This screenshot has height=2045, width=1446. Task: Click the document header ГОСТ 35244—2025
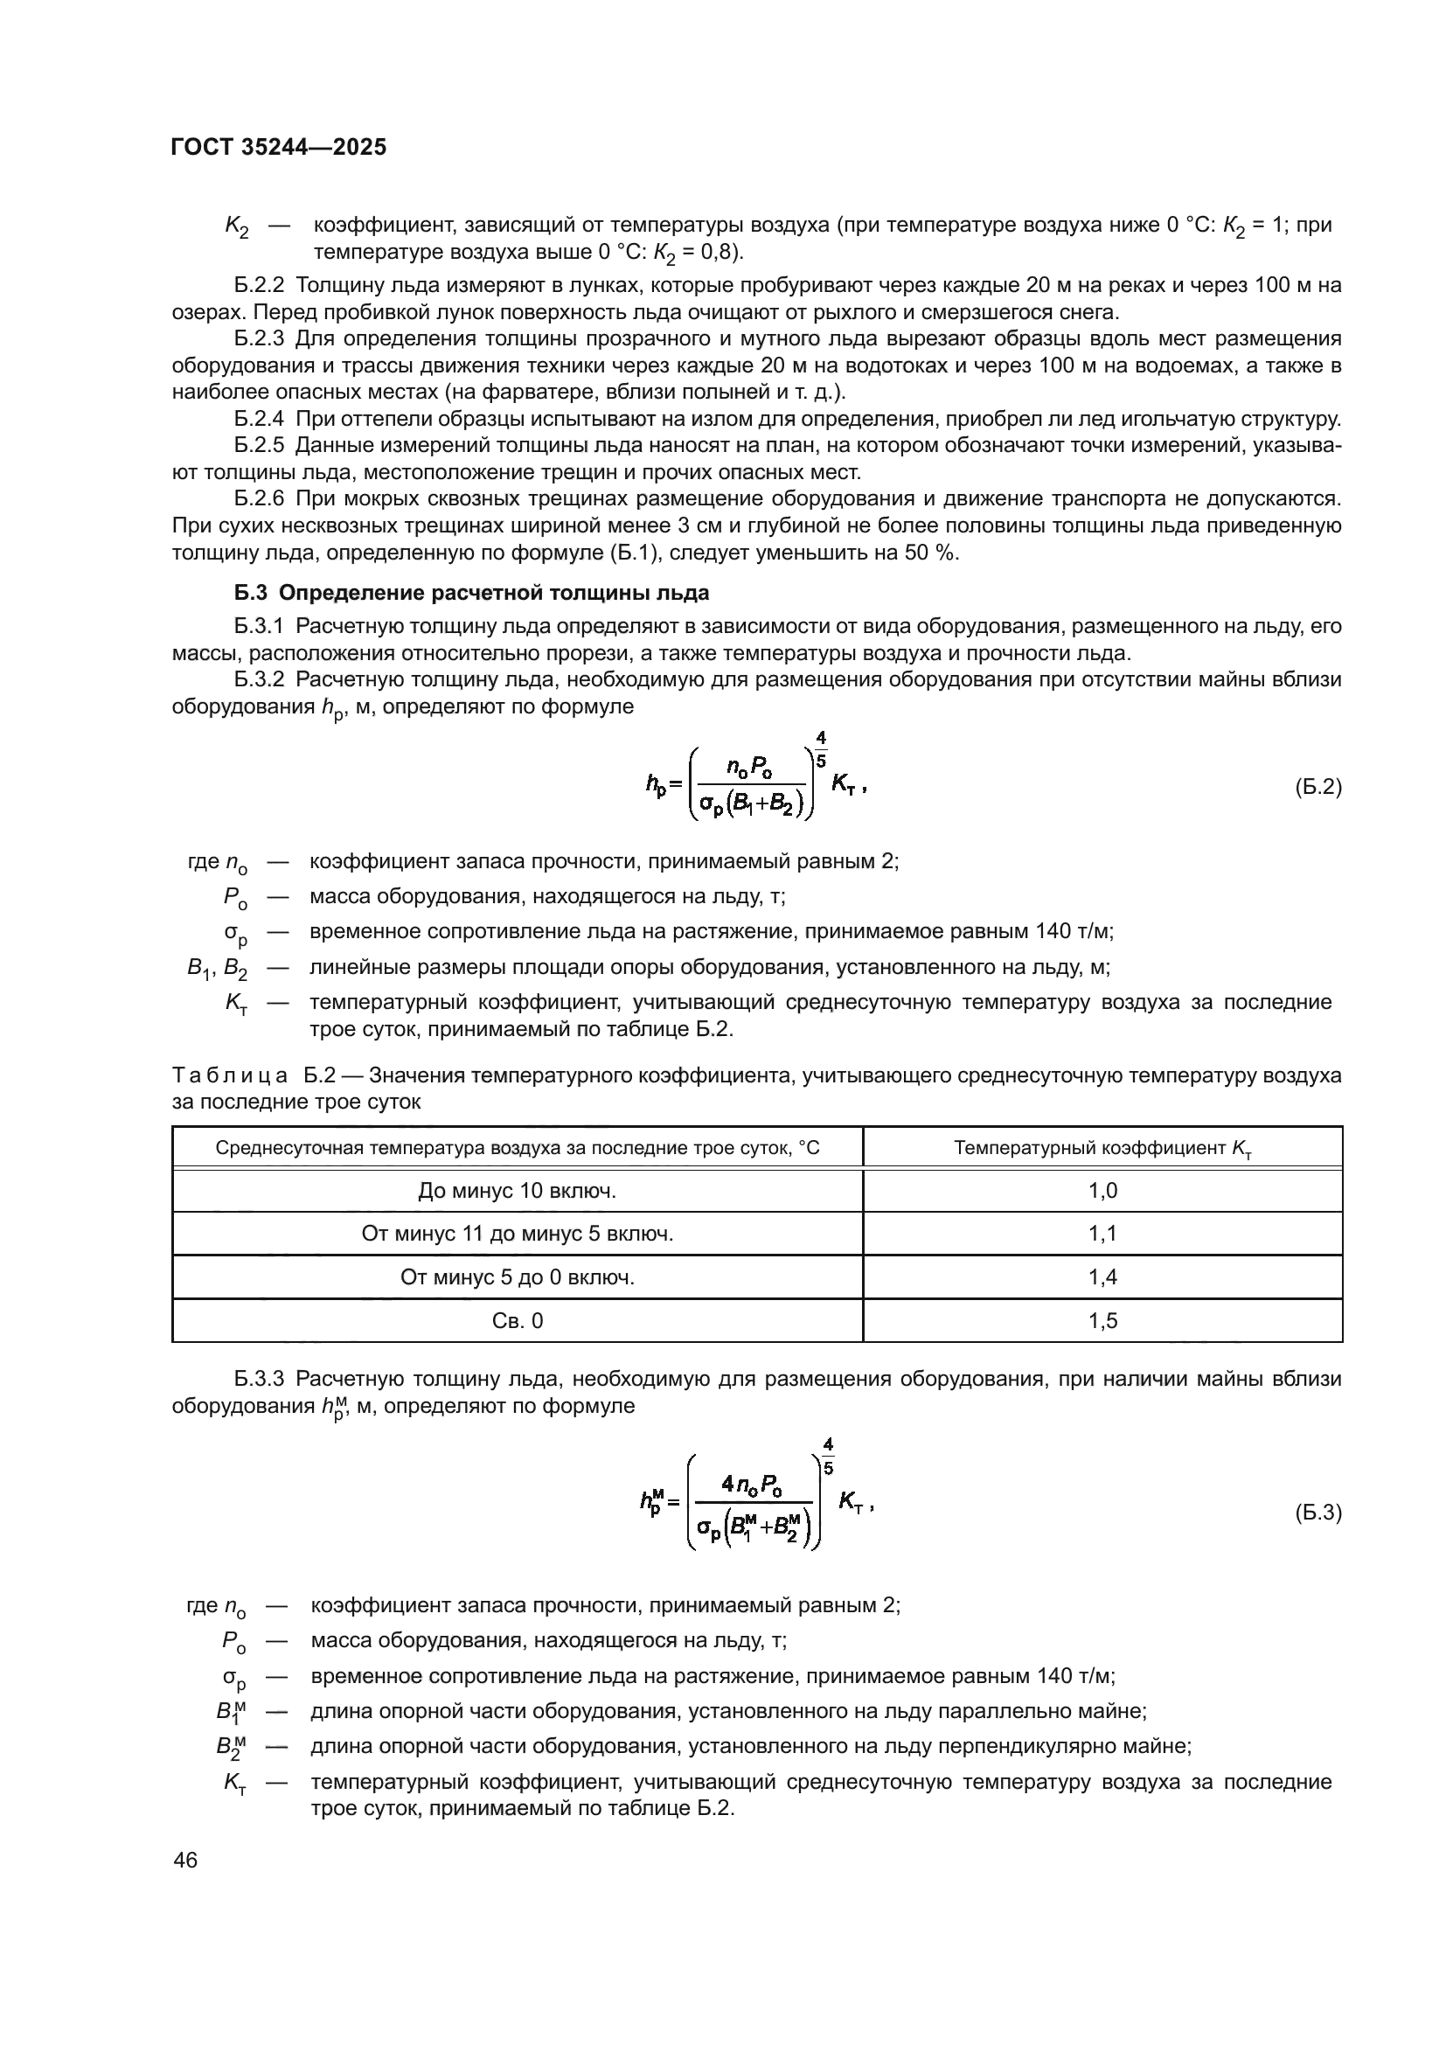279,147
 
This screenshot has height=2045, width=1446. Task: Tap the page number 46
185,1861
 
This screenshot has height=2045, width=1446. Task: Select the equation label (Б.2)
1317,787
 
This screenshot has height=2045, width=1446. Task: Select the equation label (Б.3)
1317,1513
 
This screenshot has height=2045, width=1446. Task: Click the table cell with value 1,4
1102,1277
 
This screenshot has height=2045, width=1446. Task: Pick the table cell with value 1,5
1102,1321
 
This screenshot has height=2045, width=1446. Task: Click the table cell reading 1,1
1102,1234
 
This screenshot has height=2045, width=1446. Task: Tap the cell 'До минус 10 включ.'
518,1191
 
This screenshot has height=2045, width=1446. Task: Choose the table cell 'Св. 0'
518,1321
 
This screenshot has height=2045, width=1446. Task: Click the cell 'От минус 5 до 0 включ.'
518,1277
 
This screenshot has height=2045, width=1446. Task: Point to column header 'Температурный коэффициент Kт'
1102,1148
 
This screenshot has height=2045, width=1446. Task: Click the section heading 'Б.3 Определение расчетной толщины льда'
472,593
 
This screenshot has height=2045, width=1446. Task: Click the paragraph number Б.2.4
259,419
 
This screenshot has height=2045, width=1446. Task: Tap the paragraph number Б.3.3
259,1380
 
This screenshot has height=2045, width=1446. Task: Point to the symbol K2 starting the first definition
236,227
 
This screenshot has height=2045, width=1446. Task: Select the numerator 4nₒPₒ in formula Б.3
753,1485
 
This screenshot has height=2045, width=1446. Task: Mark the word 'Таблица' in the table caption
229,1076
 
